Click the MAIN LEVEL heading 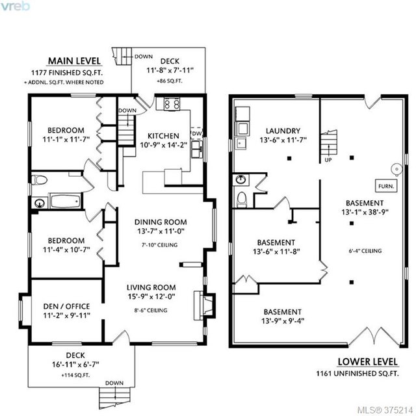click(x=74, y=61)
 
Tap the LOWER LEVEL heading click(x=368, y=361)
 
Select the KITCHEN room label click(x=163, y=136)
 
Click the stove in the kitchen click(x=172, y=104)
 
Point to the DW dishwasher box click(x=196, y=133)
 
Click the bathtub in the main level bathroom click(x=65, y=201)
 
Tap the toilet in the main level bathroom click(x=39, y=180)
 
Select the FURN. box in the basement click(x=386, y=187)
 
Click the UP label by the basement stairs click(x=328, y=160)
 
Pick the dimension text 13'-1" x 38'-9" click(x=365, y=212)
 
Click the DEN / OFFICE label click(x=66, y=306)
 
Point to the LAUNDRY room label click(x=283, y=131)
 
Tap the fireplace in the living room click(x=203, y=305)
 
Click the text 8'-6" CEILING click(x=151, y=310)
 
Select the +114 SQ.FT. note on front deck click(x=75, y=375)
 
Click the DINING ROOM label click(x=161, y=222)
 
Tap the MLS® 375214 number click(x=385, y=410)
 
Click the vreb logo click(x=15, y=6)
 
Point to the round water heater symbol click(x=397, y=170)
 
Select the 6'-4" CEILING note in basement click(x=365, y=251)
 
